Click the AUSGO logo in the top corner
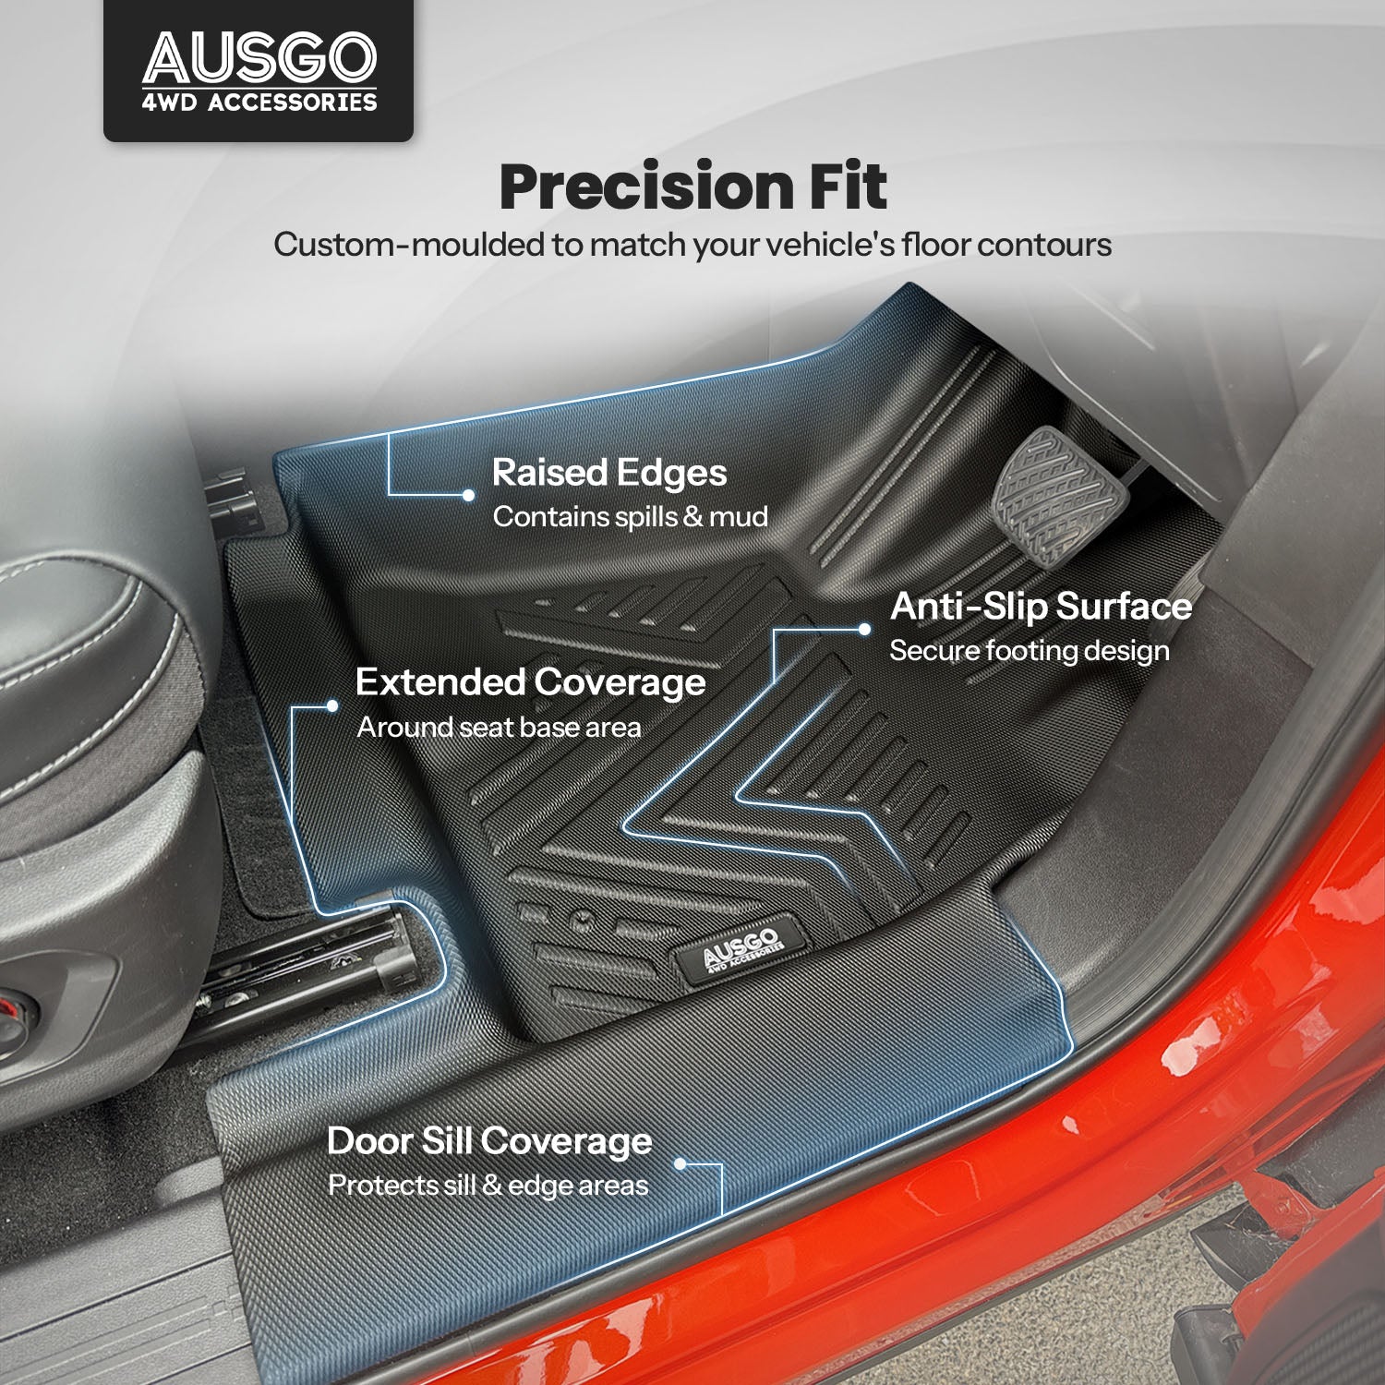tap(259, 71)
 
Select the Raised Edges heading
tap(609, 473)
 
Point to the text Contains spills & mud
tap(631, 516)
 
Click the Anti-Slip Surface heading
tap(1042, 607)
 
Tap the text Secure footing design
tap(1030, 651)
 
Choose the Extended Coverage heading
tap(531, 683)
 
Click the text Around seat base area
tap(499, 728)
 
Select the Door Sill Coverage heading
tap(489, 1142)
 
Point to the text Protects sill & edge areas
tap(488, 1186)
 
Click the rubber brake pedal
tap(1061, 496)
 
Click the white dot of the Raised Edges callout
tap(469, 495)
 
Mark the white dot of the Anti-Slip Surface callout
tap(864, 629)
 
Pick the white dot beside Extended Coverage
tap(332, 705)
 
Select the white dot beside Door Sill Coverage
tap(680, 1164)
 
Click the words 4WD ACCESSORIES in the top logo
tap(259, 102)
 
